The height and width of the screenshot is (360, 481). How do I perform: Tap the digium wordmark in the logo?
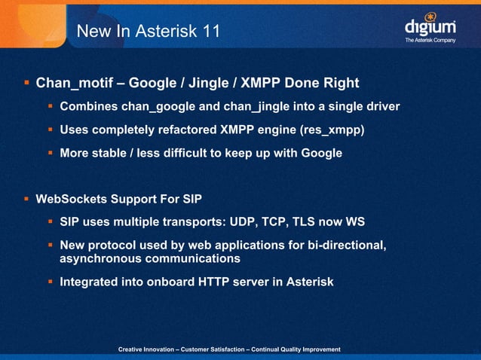(x=430, y=28)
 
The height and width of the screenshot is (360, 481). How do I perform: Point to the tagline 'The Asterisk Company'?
(x=430, y=40)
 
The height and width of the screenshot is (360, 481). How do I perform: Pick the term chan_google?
(x=155, y=106)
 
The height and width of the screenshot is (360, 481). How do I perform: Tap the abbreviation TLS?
(x=323, y=223)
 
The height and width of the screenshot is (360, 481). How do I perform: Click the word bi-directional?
(x=346, y=246)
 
